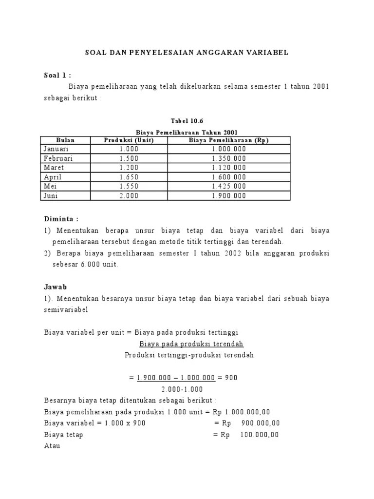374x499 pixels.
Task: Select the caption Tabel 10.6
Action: coord(187,121)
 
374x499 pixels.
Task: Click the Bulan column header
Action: coord(66,140)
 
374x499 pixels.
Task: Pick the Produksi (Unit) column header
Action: coord(129,140)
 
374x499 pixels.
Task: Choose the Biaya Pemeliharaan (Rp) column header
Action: coord(229,140)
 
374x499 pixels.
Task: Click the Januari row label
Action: coord(56,149)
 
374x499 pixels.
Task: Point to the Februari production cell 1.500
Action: coord(129,158)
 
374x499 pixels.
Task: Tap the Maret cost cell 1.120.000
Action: coord(229,168)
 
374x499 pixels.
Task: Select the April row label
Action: coord(53,177)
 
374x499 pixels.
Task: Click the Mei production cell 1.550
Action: coord(129,187)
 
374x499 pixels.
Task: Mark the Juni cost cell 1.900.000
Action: coord(229,196)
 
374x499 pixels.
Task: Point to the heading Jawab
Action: coord(55,287)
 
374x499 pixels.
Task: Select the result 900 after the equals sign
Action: coord(232,378)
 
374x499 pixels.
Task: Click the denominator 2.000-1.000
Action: coord(182,389)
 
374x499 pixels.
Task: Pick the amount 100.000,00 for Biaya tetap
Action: coord(260,435)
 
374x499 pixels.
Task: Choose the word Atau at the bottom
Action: coord(52,446)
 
